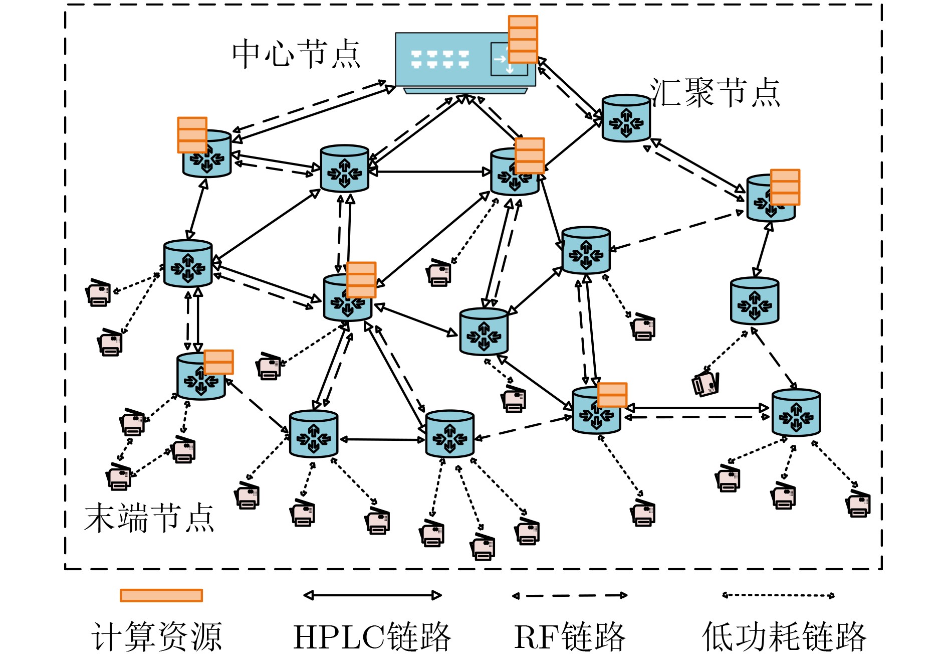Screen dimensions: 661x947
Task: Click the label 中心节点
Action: pos(296,54)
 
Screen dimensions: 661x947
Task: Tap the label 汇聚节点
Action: pos(715,93)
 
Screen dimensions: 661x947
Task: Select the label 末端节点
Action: pos(149,518)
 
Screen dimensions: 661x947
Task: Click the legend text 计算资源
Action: pos(157,637)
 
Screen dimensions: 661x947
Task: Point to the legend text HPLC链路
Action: pos(372,637)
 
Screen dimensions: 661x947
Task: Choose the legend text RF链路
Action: pos(570,637)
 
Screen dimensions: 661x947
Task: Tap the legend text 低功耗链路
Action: pos(784,637)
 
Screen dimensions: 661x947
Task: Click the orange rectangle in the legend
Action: pos(161,595)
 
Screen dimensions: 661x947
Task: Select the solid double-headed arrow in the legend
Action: pos(372,595)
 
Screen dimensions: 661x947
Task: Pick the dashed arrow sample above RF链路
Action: pos(570,596)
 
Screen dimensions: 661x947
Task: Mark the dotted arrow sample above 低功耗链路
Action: pos(778,595)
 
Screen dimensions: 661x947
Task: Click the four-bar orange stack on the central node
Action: pos(523,39)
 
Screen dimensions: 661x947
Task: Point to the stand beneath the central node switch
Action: pos(465,91)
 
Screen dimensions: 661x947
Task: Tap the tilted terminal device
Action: pos(706,384)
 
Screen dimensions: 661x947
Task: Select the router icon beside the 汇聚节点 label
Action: pos(626,119)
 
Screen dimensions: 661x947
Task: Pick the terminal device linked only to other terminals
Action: pos(119,476)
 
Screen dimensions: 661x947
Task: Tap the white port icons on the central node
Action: pos(440,59)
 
